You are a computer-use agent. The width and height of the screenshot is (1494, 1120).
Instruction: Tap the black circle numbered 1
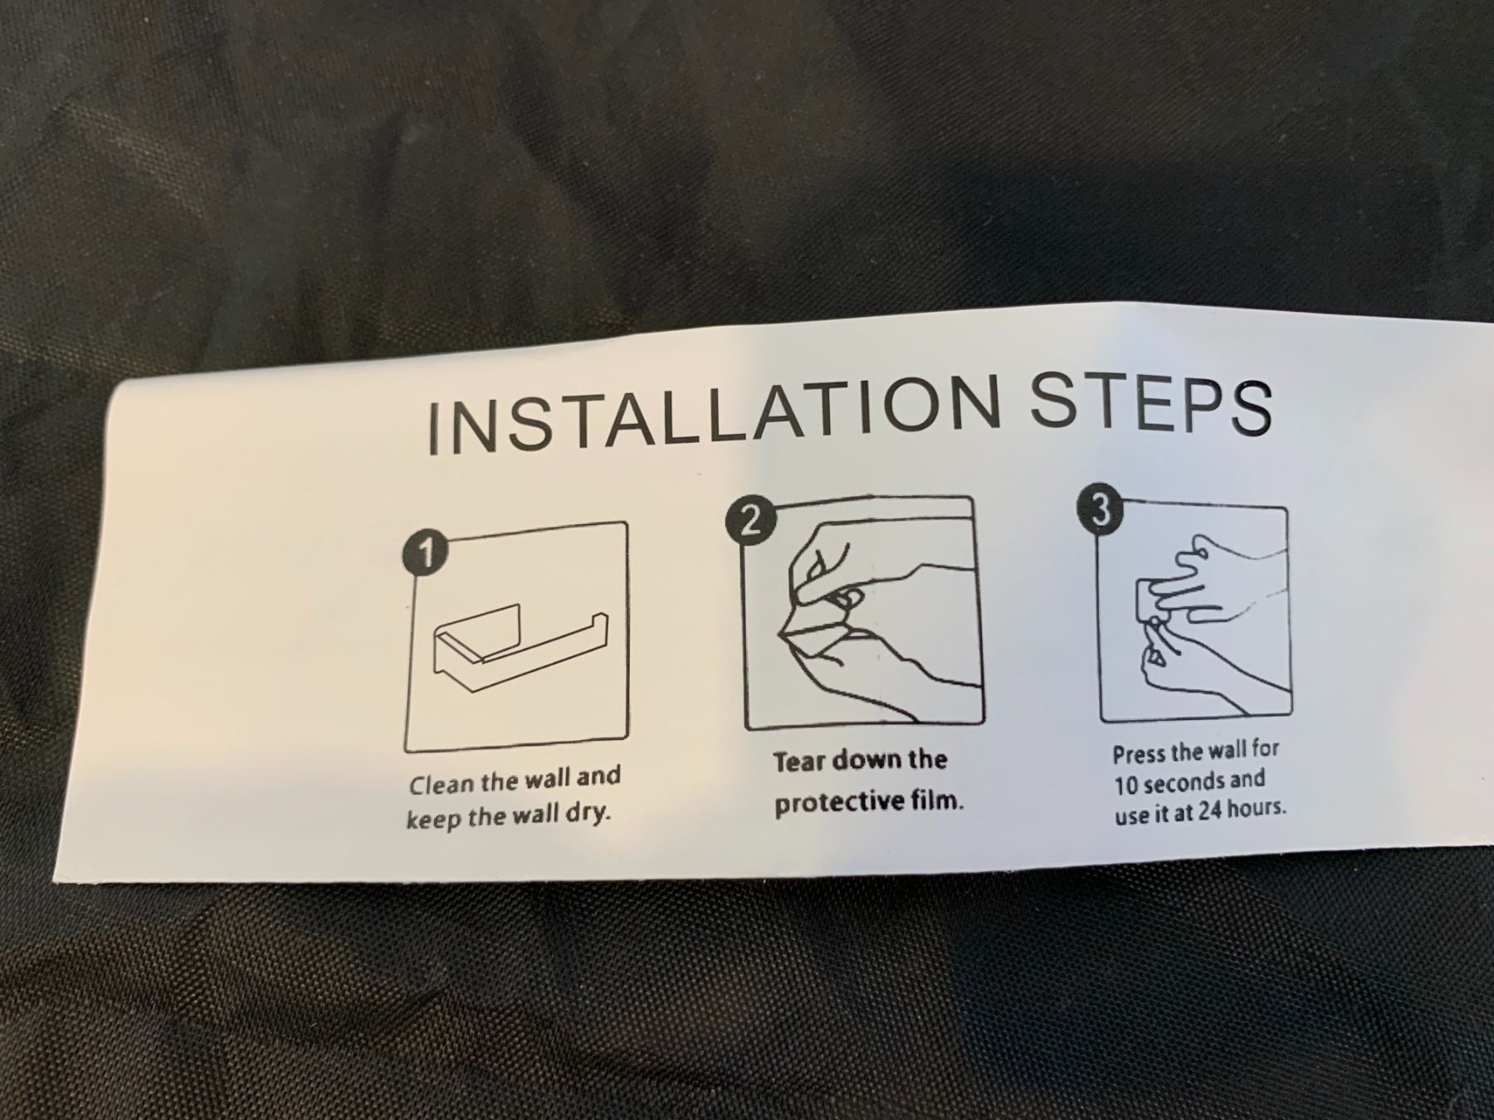point(426,553)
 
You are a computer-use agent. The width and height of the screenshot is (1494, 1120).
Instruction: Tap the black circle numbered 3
point(1101,509)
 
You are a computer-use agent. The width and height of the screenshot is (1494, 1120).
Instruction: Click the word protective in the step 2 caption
point(842,803)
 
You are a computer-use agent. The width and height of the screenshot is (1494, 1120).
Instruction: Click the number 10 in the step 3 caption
point(1125,784)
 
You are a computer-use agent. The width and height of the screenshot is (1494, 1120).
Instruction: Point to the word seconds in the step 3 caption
point(1175,782)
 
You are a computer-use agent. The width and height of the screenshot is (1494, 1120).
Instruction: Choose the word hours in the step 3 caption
point(1257,808)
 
